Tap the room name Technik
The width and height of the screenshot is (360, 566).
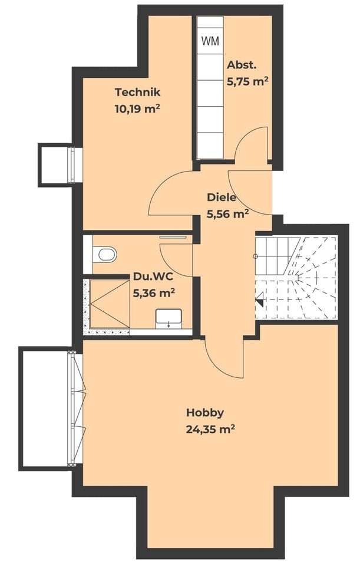(137, 93)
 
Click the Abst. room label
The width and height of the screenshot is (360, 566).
(241, 65)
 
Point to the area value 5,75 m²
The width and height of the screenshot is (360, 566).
(247, 82)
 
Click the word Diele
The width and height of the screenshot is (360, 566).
(222, 198)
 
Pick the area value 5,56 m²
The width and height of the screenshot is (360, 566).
(227, 215)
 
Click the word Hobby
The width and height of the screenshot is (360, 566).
(205, 412)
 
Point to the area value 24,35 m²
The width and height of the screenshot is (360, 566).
(210, 429)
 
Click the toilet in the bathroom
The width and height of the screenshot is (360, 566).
(104, 255)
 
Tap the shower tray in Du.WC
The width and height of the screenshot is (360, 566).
(108, 303)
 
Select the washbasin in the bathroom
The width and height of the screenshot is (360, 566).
(169, 319)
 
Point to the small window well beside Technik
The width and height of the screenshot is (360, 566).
(54, 164)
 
